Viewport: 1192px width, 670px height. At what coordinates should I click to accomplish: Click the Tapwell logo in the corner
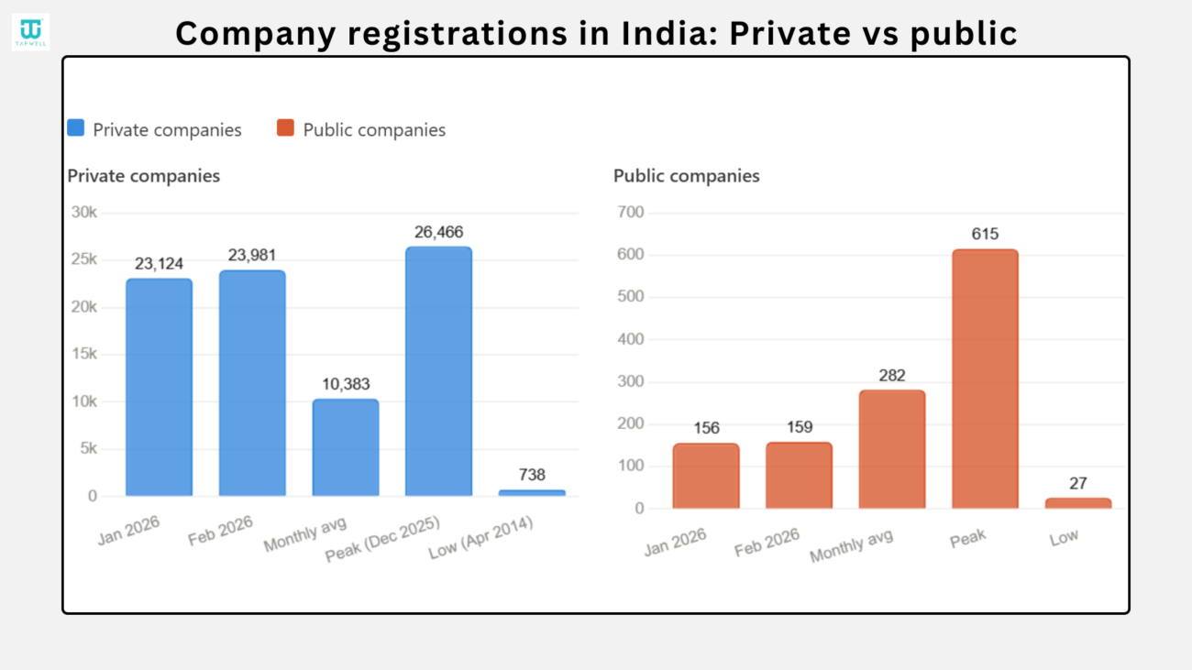(x=30, y=31)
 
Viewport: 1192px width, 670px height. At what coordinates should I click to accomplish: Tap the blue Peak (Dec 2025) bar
(x=438, y=371)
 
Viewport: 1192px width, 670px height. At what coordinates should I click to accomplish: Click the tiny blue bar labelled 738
(x=532, y=492)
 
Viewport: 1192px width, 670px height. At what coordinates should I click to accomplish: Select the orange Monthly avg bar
(x=891, y=449)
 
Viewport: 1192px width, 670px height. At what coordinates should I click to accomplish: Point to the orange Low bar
(x=1077, y=503)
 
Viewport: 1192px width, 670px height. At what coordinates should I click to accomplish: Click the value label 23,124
(x=159, y=264)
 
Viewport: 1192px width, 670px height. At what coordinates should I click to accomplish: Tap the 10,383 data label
(x=345, y=384)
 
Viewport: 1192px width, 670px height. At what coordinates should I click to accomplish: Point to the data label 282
(x=891, y=376)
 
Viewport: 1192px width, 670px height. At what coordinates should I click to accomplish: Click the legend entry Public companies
(x=374, y=130)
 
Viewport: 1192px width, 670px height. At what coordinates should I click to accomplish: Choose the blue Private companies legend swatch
(x=76, y=128)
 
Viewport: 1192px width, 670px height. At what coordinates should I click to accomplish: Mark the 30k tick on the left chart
(x=84, y=213)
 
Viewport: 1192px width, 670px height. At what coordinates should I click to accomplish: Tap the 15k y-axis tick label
(x=84, y=355)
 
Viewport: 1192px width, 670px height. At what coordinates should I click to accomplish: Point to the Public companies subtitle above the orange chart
(x=686, y=176)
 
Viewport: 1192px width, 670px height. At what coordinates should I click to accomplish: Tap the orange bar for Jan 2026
(x=705, y=476)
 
